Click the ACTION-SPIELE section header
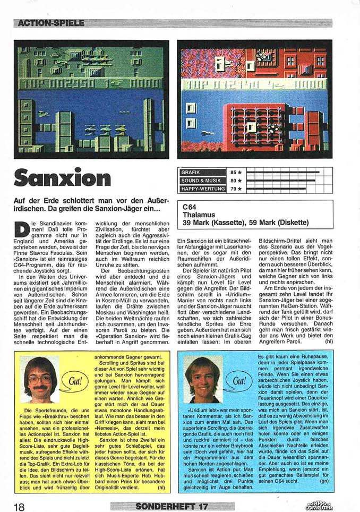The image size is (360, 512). coord(51,23)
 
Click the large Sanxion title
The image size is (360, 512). coord(63,179)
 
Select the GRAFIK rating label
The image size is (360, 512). coord(192,173)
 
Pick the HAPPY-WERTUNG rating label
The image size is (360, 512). coord(202,189)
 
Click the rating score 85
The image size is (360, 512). coord(234,173)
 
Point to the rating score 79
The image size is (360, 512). coord(234,189)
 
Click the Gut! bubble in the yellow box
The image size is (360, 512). coord(71,380)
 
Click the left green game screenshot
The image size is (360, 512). coord(91,99)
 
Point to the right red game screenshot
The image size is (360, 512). coord(255,99)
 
